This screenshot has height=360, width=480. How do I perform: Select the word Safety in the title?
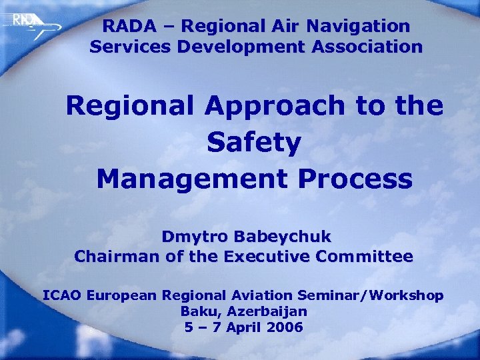click(x=254, y=142)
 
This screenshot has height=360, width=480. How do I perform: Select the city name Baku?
click(x=201, y=311)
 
